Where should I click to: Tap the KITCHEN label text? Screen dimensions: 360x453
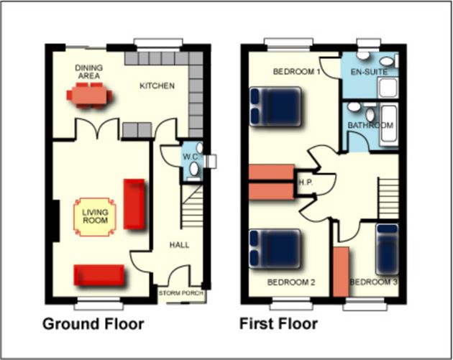coord(157,86)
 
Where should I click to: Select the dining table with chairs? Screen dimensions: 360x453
coord(90,95)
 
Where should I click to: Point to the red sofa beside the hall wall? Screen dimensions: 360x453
coord(134,204)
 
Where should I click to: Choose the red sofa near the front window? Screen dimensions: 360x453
coord(99,274)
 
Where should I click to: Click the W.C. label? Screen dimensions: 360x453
coord(190,157)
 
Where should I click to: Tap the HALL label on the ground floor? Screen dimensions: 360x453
coord(179,245)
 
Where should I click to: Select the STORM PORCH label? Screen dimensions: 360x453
coord(181,293)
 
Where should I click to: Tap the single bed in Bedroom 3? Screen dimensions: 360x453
coord(386,249)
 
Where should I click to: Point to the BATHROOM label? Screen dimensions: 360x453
coord(371,126)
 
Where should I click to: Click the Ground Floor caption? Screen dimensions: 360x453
coord(93,324)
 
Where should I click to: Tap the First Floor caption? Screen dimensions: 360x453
coord(278,324)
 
